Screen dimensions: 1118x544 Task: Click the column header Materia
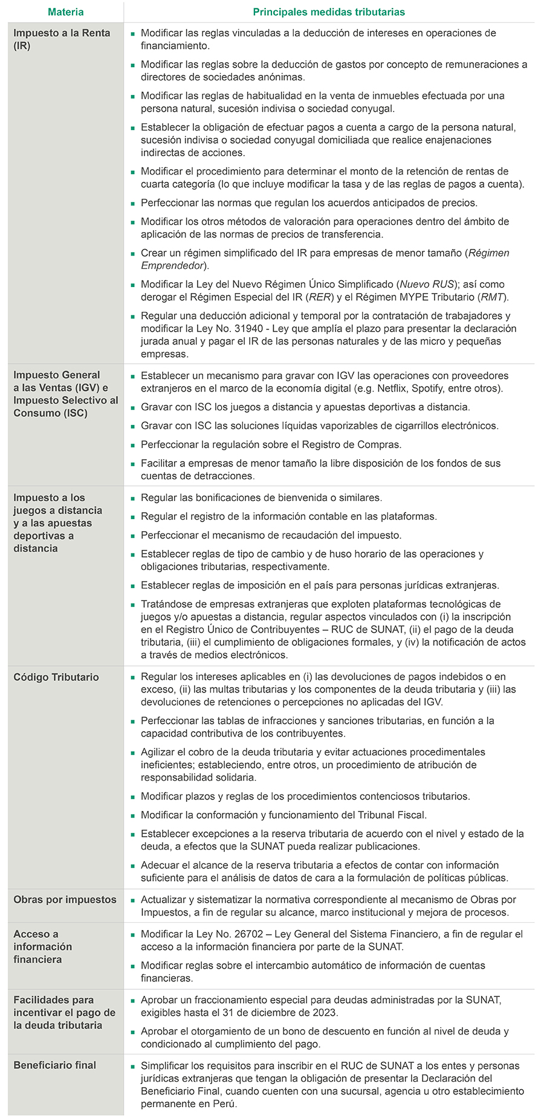[x=65, y=12]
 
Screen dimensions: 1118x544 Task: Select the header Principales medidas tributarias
[x=329, y=12]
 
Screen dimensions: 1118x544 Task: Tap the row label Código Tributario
[x=56, y=677]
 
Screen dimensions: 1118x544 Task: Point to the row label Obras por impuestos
[x=65, y=899]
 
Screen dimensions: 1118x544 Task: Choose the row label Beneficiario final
[x=55, y=1065]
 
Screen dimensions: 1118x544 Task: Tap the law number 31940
[x=236, y=328]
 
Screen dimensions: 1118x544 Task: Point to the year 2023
[x=325, y=1012]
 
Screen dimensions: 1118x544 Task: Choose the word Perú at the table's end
[x=223, y=1103]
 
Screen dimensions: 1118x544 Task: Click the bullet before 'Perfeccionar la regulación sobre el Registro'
[x=132, y=445]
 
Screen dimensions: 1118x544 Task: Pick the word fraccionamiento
[x=228, y=1000]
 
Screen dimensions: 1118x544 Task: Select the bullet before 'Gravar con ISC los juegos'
[x=132, y=407]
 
